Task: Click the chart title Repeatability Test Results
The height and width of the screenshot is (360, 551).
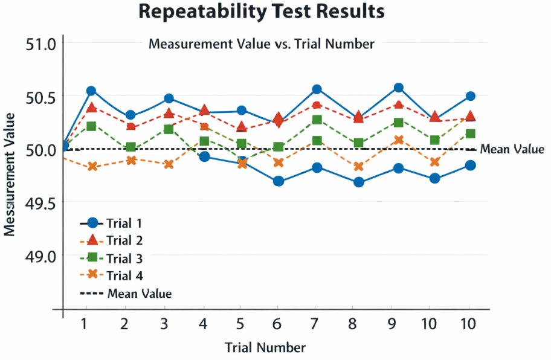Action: pos(261,11)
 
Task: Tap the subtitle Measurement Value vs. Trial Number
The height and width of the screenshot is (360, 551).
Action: pos(261,44)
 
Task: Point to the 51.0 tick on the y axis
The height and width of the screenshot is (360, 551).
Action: pos(41,44)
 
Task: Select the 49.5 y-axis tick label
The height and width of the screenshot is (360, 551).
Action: pos(41,203)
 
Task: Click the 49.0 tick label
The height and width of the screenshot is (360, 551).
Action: pos(41,256)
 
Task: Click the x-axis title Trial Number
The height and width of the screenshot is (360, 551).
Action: pos(265,347)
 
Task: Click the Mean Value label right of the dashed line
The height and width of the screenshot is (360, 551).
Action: pos(512,150)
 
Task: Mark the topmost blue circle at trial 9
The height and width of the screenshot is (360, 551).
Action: pos(398,88)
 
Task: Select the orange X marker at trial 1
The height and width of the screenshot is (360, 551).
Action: pos(92,166)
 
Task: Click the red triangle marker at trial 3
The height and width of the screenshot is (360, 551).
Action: pos(169,113)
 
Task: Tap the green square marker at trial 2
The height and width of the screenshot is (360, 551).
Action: pos(130,147)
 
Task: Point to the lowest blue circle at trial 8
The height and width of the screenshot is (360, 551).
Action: pos(359,182)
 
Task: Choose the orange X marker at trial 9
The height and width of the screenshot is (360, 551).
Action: pos(398,140)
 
